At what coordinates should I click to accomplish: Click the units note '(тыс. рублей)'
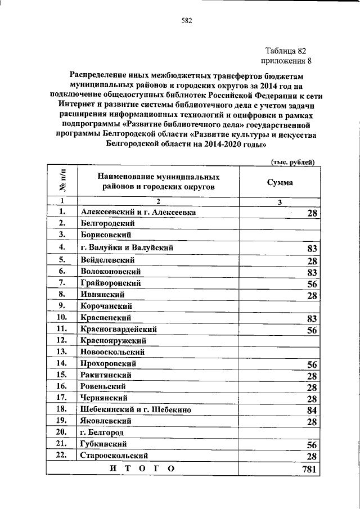(x=292, y=161)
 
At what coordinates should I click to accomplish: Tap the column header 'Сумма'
(x=280, y=182)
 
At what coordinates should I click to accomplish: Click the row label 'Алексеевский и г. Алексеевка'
(x=138, y=212)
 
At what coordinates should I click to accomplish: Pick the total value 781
(x=310, y=469)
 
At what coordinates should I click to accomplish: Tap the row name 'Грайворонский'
(x=110, y=283)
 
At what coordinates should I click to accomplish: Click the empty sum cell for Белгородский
(x=280, y=223)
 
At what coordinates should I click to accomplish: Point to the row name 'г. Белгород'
(x=101, y=433)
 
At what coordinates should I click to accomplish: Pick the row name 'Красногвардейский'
(x=118, y=329)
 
